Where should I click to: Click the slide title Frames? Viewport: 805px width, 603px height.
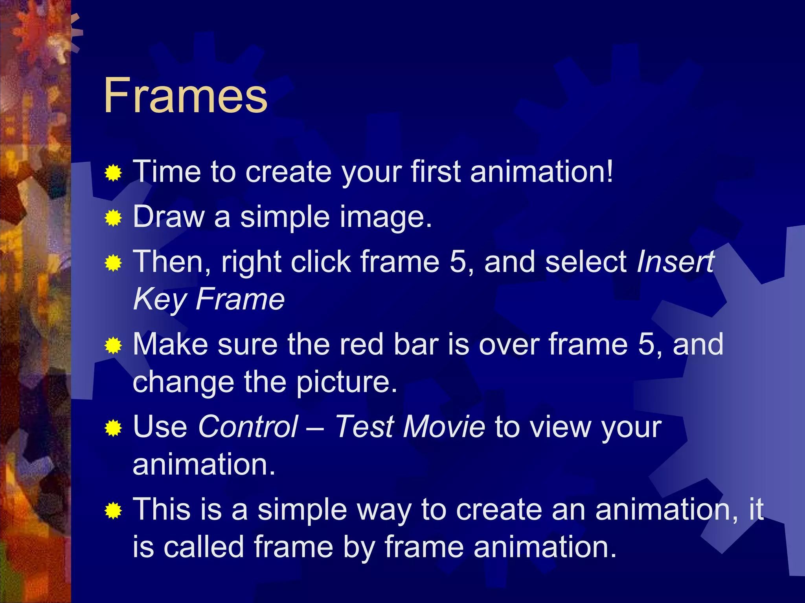(x=186, y=96)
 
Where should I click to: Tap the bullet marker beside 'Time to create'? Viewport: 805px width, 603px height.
(x=113, y=173)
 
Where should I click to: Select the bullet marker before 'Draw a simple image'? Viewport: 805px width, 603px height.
(x=113, y=218)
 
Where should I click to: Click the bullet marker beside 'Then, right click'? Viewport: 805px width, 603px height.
(x=113, y=263)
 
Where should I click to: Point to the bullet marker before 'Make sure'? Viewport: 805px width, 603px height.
(x=113, y=345)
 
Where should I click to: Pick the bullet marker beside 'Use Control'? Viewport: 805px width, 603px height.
(x=113, y=428)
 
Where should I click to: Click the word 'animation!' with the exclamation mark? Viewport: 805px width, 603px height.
(x=541, y=172)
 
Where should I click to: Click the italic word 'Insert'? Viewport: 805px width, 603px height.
(x=675, y=262)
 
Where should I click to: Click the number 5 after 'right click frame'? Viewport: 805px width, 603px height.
(x=458, y=262)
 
